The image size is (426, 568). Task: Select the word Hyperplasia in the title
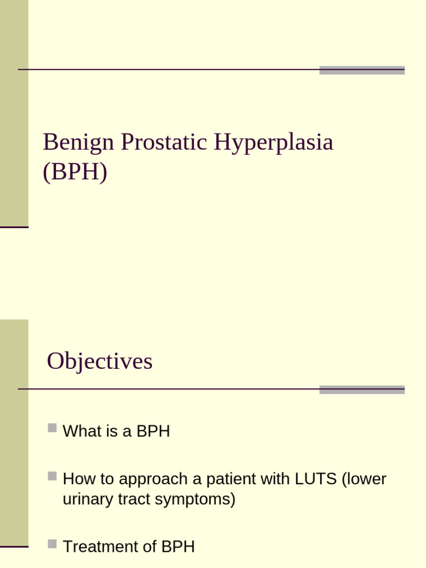273,143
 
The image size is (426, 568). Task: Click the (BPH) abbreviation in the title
75,173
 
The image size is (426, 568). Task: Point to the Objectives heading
100,362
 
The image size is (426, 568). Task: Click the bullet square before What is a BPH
52,428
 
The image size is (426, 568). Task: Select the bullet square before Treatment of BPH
52,544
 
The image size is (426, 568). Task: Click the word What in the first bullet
81,432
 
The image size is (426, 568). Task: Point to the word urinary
86,499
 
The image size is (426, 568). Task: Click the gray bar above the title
362,70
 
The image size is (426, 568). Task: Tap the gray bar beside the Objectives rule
362,389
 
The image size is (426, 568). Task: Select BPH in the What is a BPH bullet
153,432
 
